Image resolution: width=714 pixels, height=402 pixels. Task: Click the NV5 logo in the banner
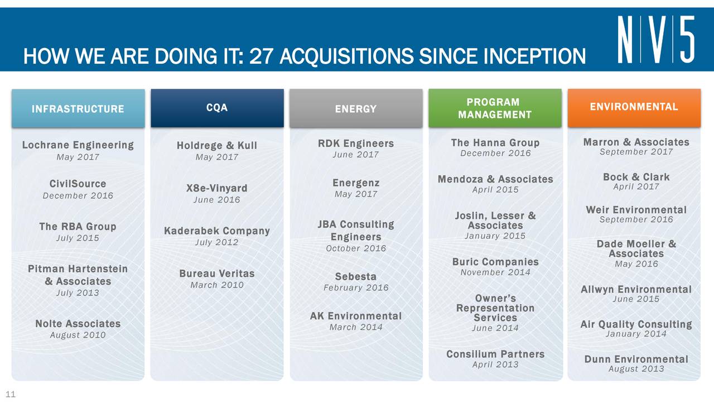click(x=655, y=39)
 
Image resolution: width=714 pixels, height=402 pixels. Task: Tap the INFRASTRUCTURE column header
click(x=78, y=108)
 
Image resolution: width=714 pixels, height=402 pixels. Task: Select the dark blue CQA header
click(x=217, y=108)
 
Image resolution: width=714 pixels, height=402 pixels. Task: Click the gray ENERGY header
click(x=356, y=108)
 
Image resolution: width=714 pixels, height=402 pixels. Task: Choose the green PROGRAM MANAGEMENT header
click(x=495, y=108)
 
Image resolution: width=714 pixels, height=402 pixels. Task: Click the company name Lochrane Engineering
click(x=78, y=145)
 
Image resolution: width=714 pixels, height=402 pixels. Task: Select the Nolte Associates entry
click(x=78, y=323)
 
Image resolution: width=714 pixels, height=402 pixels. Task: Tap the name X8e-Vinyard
click(x=217, y=188)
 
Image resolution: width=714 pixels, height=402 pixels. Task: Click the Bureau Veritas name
click(x=217, y=274)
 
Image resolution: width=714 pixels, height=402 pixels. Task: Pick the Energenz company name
click(x=356, y=183)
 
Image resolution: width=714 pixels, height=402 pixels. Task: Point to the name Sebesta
click(x=356, y=276)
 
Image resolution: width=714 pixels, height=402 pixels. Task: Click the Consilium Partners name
click(x=495, y=354)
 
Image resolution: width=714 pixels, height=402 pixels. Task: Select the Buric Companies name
click(x=495, y=262)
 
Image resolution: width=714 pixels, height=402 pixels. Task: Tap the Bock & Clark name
click(x=636, y=177)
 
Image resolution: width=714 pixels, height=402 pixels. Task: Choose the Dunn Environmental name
click(x=636, y=359)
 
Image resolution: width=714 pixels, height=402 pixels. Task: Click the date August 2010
click(x=78, y=335)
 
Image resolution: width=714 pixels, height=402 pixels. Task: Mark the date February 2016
click(x=356, y=288)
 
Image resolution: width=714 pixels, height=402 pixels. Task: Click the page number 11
click(x=11, y=394)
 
